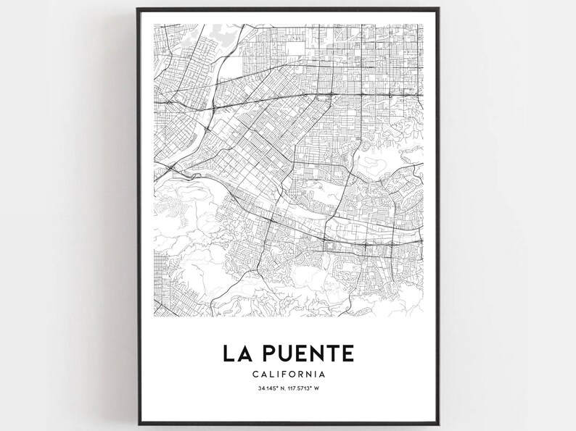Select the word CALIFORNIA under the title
[288, 374]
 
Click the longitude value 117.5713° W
[303, 389]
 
